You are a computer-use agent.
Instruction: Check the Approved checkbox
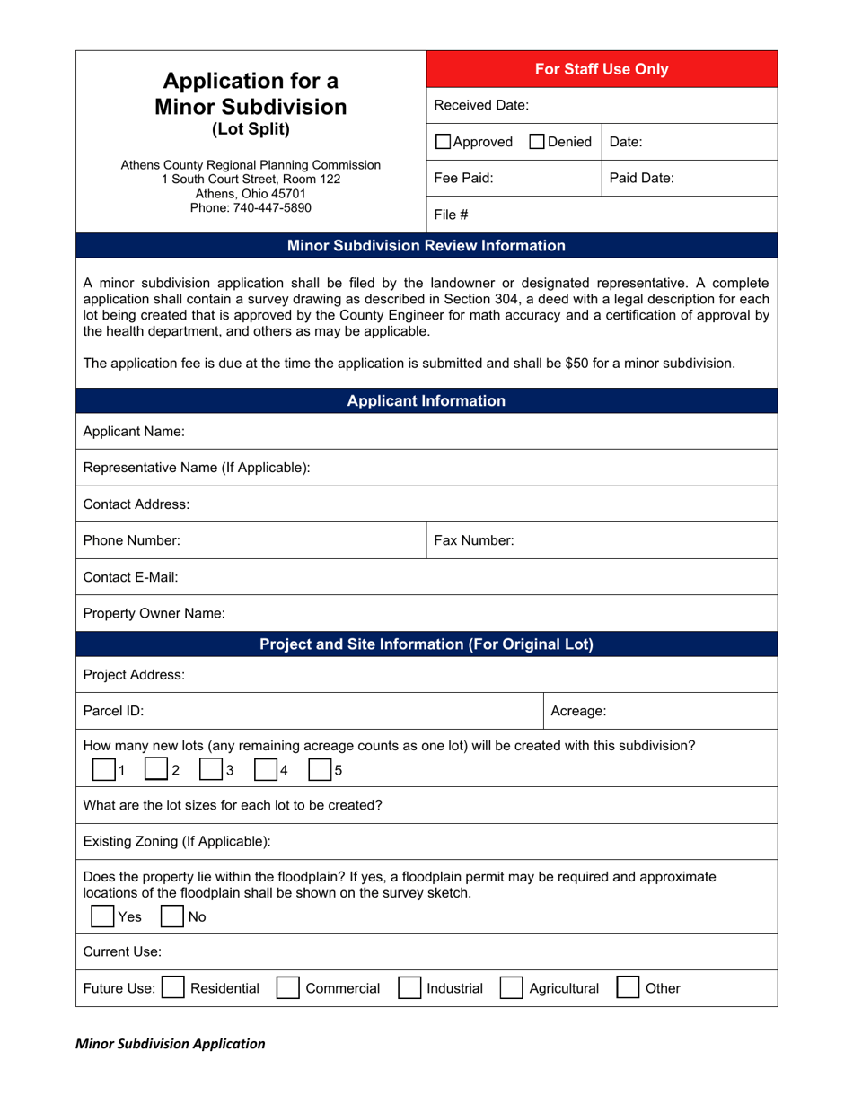click(x=444, y=142)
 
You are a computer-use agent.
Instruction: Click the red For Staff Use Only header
click(x=601, y=69)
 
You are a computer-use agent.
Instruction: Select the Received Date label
click(x=481, y=105)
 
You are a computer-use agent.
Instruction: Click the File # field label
click(x=447, y=215)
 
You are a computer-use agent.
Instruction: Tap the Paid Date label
click(x=641, y=178)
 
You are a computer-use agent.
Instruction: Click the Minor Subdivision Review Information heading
click(x=426, y=245)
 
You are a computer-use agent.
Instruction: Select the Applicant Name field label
click(x=134, y=432)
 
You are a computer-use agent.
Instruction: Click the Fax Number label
click(x=474, y=540)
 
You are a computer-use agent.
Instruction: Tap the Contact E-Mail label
click(x=130, y=577)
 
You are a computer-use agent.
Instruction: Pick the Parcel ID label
click(x=113, y=711)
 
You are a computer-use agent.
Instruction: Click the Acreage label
click(x=577, y=711)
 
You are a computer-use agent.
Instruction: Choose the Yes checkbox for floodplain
click(x=103, y=916)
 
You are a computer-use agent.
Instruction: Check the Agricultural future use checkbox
click(x=511, y=988)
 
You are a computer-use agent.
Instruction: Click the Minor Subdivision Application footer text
click(x=170, y=1044)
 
